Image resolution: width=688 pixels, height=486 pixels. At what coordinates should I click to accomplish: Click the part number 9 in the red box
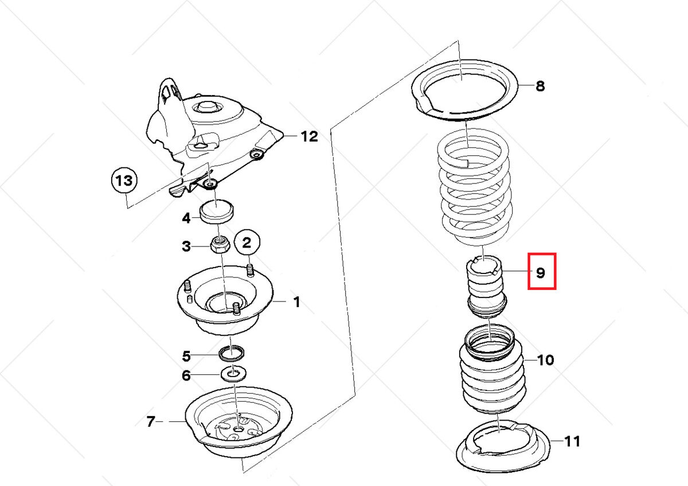tap(541, 272)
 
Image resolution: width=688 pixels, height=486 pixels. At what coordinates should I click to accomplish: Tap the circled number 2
tap(247, 243)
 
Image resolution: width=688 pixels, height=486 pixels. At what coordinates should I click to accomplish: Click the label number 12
tap(308, 136)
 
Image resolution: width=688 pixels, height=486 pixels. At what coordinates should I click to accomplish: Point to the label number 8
tap(540, 87)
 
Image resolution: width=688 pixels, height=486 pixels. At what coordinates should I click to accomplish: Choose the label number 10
tap(545, 360)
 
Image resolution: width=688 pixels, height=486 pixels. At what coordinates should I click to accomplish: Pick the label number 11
tap(572, 441)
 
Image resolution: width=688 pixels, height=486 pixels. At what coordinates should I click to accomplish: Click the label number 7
tap(150, 422)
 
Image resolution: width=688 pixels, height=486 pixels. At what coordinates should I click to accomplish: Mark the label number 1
tap(296, 301)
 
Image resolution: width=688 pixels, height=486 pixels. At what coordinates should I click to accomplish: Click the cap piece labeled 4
tap(217, 211)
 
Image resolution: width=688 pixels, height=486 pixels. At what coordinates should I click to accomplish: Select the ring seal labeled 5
tap(232, 352)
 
